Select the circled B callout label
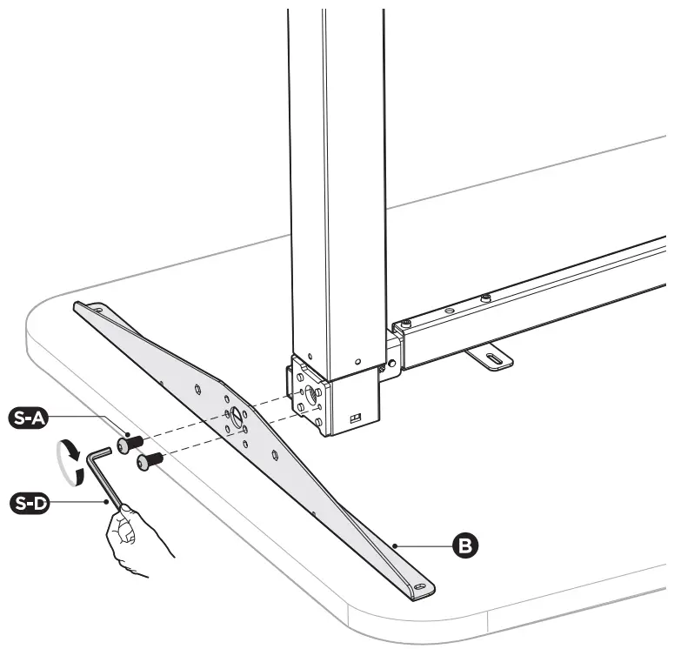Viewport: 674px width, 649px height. coord(467,545)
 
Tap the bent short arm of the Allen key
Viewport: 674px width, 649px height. coord(98,452)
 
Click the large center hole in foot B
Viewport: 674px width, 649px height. coord(236,414)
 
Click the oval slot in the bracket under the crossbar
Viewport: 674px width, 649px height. coord(492,358)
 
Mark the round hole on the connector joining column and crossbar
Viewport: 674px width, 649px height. coord(392,360)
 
